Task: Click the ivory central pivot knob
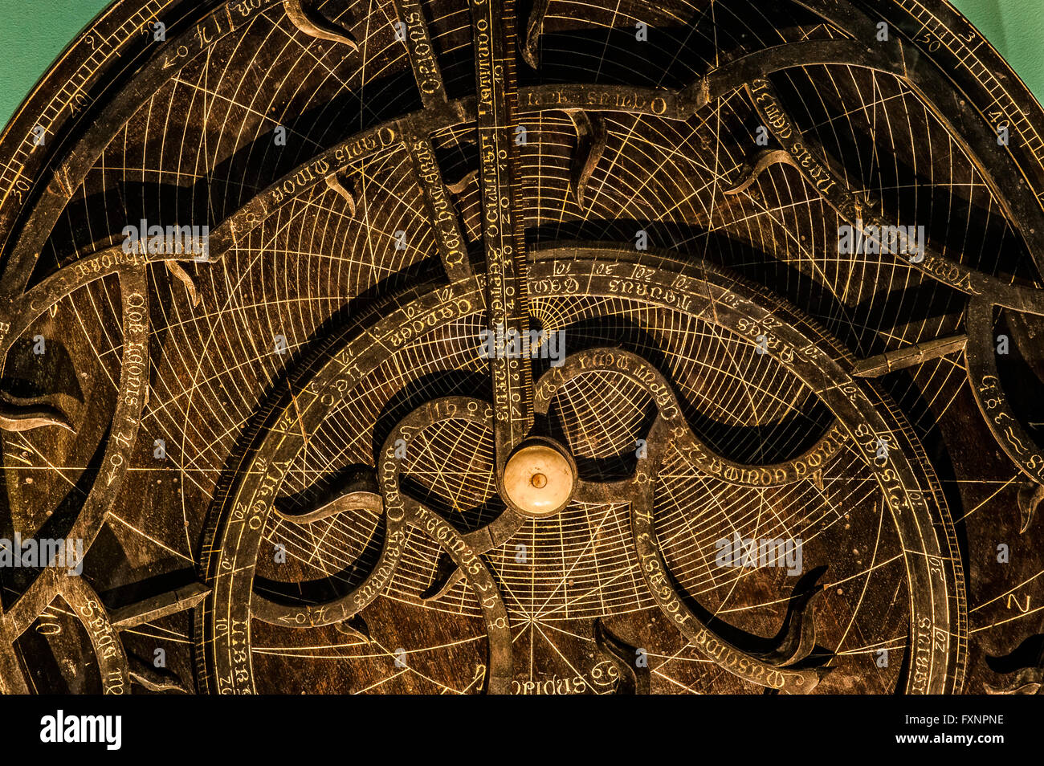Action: [x=539, y=478]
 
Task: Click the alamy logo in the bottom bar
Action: [x=80, y=730]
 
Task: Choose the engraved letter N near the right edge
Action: [x=1018, y=603]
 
